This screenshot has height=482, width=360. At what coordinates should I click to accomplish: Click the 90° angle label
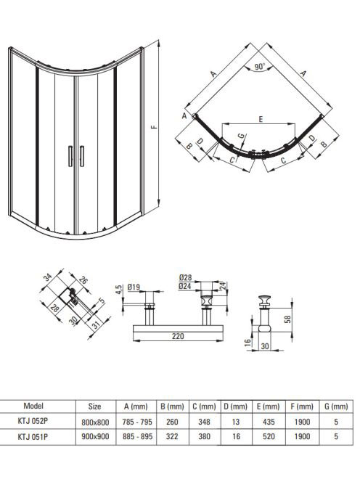click(260, 66)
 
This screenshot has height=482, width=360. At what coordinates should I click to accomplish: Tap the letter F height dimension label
click(155, 126)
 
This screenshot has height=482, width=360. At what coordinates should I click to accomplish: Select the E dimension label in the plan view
click(261, 119)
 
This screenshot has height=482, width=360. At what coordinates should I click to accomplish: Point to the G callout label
click(242, 135)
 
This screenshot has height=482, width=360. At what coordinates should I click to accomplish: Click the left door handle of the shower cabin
click(70, 156)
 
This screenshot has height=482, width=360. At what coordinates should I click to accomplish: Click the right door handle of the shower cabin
click(81, 156)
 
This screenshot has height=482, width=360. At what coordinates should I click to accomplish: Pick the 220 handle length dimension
click(178, 336)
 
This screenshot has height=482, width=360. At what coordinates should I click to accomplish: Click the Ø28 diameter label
click(185, 277)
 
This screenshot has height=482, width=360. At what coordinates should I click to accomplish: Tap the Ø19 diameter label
click(134, 287)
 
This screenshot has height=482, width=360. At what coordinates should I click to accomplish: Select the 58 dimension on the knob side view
click(287, 319)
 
